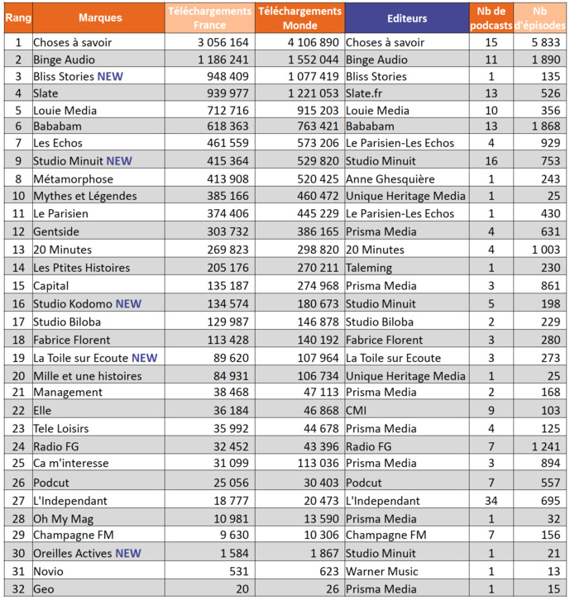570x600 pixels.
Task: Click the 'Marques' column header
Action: tap(100, 17)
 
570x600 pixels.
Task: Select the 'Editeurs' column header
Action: tap(406, 17)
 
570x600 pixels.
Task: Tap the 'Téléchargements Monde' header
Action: tap(299, 17)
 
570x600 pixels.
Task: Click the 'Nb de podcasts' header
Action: tap(491, 17)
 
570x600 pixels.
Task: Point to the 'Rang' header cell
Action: tap(17, 17)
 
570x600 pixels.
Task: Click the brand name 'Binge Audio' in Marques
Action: tap(64, 60)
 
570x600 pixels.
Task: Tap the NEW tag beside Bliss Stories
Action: tap(111, 77)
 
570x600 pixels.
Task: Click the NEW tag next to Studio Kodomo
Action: tap(128, 304)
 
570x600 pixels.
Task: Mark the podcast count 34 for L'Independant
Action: tap(491, 501)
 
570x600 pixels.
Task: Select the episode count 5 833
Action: tap(542, 41)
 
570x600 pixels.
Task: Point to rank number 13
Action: tap(17, 250)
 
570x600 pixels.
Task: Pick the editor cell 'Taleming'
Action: tap(369, 268)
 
